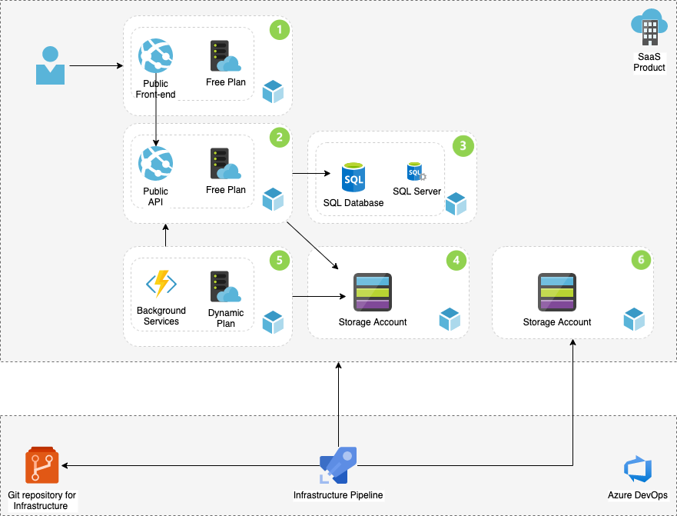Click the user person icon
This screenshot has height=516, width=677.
[x=50, y=65]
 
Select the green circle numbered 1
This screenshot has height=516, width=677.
[x=280, y=30]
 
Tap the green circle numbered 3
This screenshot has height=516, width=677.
[x=463, y=145]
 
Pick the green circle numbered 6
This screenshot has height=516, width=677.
[x=641, y=261]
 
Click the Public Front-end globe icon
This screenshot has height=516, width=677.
[x=155, y=56]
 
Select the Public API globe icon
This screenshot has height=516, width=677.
[x=155, y=164]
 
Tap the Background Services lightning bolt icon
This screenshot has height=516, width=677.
[x=161, y=284]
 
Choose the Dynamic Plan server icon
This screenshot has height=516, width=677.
[x=225, y=287]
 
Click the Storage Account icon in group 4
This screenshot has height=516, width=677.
[x=373, y=293]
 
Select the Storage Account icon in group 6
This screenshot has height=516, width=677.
[x=557, y=293]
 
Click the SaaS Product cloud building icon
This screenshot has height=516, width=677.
[x=649, y=29]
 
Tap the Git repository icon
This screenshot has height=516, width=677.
[x=42, y=466]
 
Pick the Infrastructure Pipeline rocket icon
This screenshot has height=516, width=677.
[x=338, y=466]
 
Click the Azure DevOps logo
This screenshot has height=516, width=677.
[x=638, y=468]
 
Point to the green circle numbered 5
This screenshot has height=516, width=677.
[x=280, y=261]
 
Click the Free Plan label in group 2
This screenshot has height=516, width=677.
[x=226, y=190]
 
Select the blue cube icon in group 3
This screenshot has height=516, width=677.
[x=456, y=204]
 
